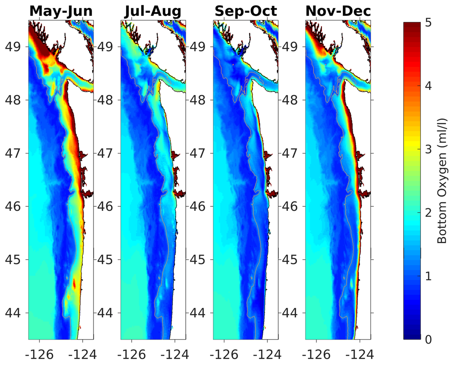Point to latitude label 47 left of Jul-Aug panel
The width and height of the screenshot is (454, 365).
pyautogui.click(x=107, y=153)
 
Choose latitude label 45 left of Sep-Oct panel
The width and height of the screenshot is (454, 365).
pyautogui.click(x=199, y=260)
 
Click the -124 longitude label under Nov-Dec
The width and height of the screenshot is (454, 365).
pyautogui.click(x=358, y=353)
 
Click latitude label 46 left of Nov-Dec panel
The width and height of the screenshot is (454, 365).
pyautogui.click(x=291, y=206)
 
